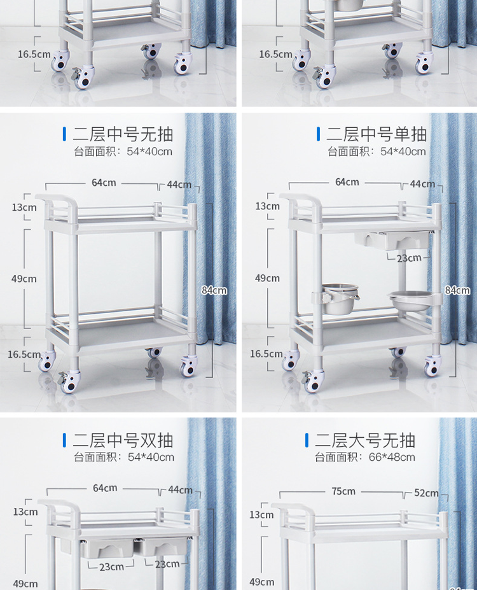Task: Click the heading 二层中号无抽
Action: tap(123, 134)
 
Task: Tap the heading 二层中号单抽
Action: tap(377, 134)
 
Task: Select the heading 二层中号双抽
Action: tap(123, 440)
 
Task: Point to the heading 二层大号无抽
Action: tap(365, 440)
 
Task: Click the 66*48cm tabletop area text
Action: tap(392, 457)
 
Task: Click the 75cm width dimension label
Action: tap(343, 491)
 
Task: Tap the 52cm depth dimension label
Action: tap(426, 493)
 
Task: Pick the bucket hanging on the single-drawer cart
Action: tap(340, 299)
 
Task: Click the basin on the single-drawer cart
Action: tap(410, 300)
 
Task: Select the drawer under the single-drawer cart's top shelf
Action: tap(392, 240)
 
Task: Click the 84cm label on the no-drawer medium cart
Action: tap(214, 290)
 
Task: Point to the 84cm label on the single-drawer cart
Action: tap(457, 290)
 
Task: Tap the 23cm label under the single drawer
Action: tap(409, 258)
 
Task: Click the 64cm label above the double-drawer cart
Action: tap(105, 488)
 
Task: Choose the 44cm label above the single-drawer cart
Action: tap(422, 184)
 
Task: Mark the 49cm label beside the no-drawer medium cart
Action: tap(24, 279)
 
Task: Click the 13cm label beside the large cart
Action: tap(261, 515)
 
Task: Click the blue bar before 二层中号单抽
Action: tap(319, 134)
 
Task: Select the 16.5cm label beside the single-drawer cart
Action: tap(266, 354)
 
